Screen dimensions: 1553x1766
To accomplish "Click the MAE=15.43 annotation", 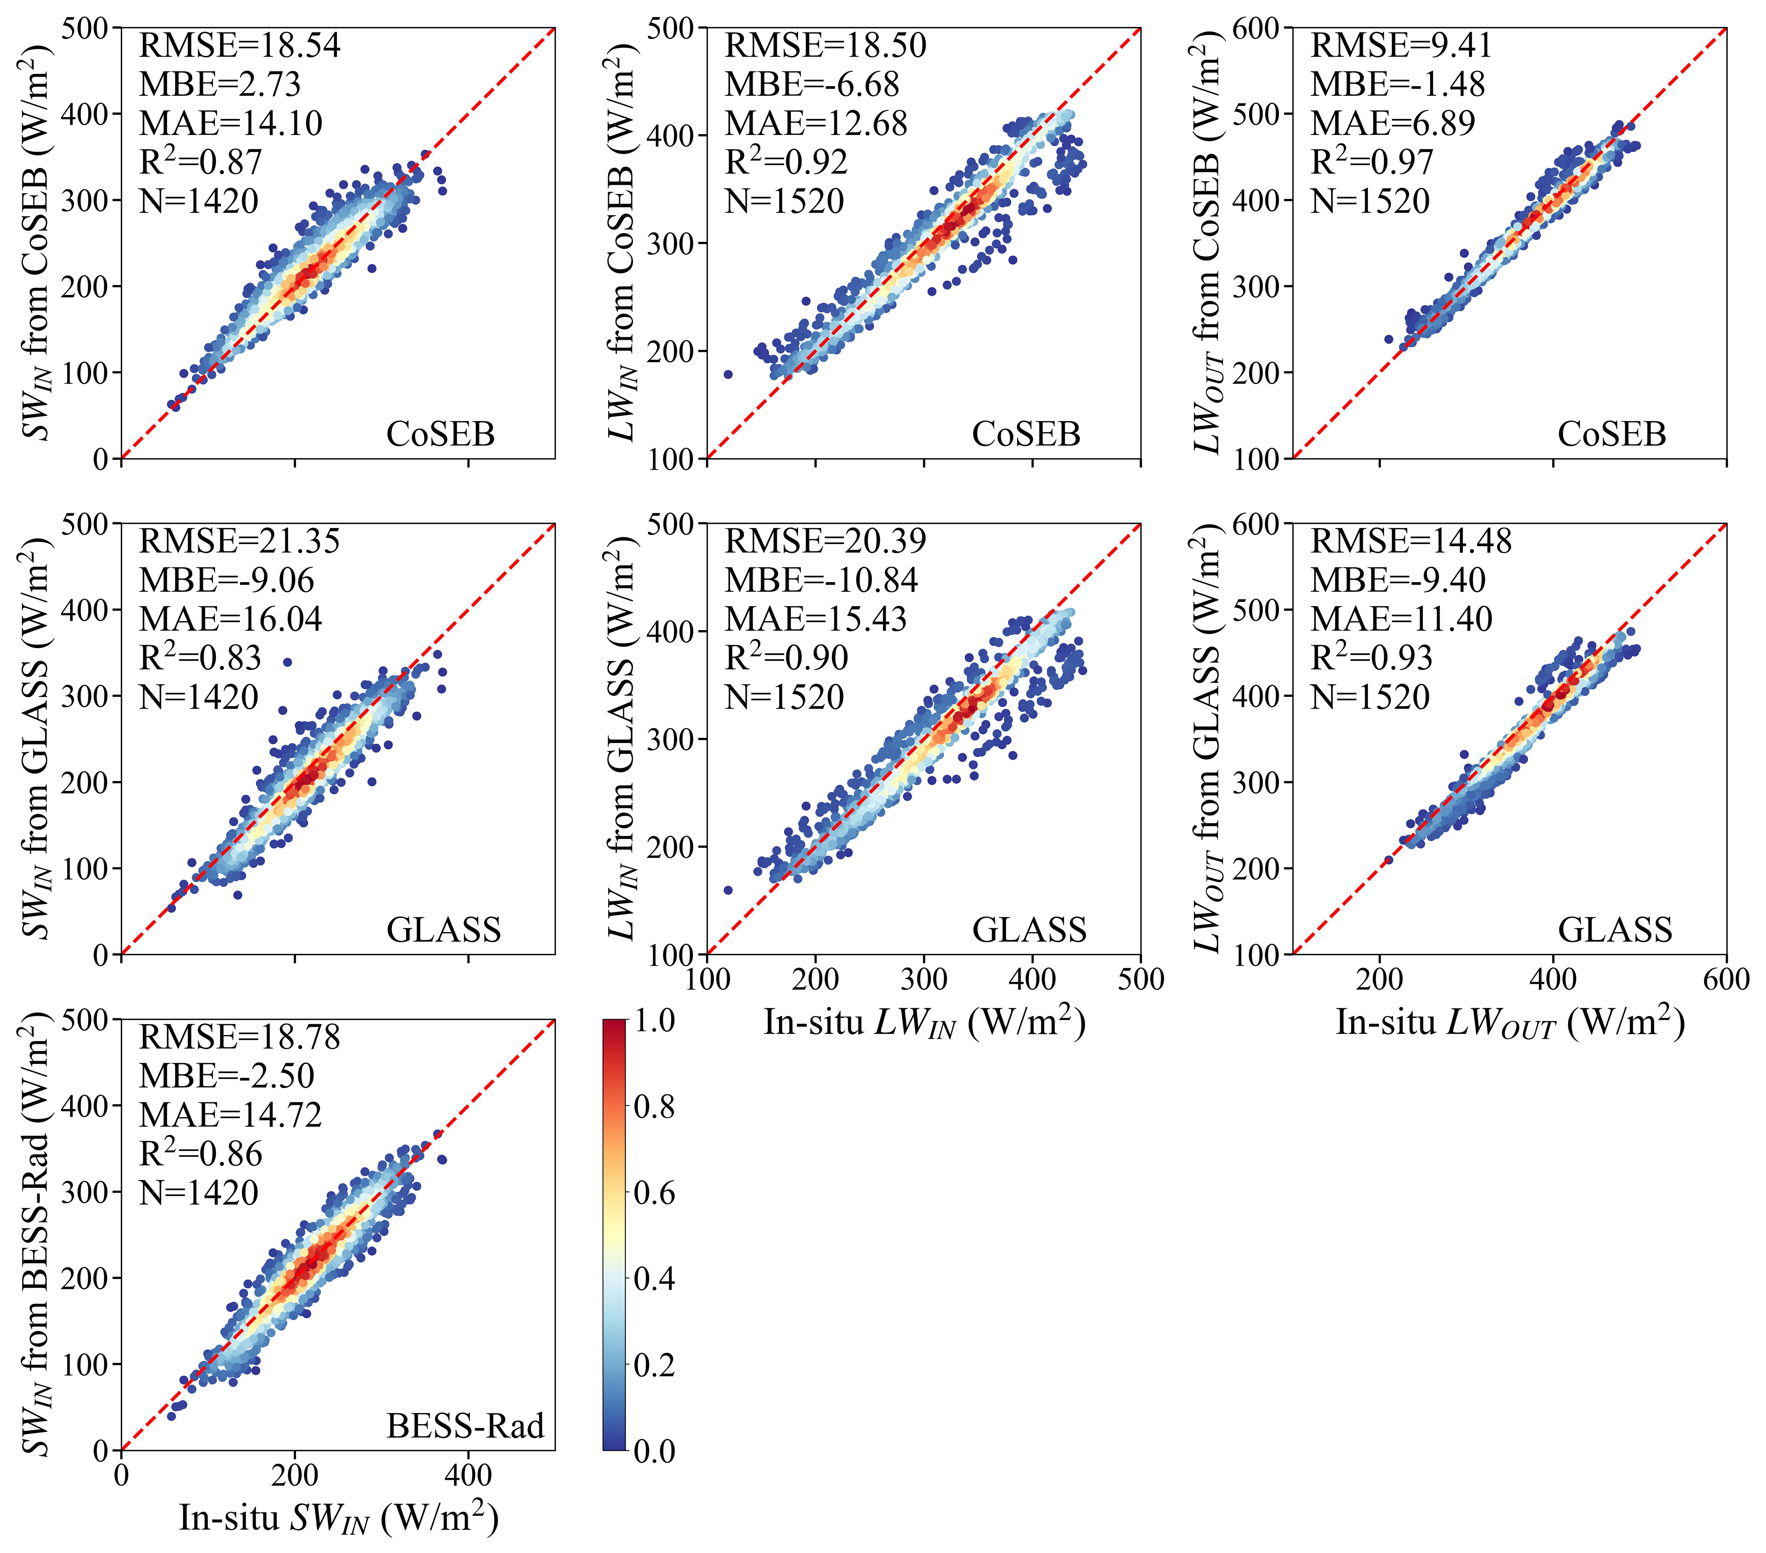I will click(x=816, y=619).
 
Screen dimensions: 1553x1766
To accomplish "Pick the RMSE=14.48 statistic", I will click(x=1411, y=541).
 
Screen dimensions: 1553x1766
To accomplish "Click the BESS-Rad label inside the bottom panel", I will click(x=465, y=1426).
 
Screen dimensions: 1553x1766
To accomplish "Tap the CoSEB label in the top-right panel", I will click(x=1611, y=434).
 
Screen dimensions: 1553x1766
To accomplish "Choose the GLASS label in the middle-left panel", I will click(x=443, y=930).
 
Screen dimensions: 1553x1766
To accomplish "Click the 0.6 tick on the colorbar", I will click(x=654, y=1193).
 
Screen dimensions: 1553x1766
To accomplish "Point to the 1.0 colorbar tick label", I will click(x=654, y=1021).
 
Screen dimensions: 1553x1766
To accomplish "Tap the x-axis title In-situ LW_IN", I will click(x=924, y=1022).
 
